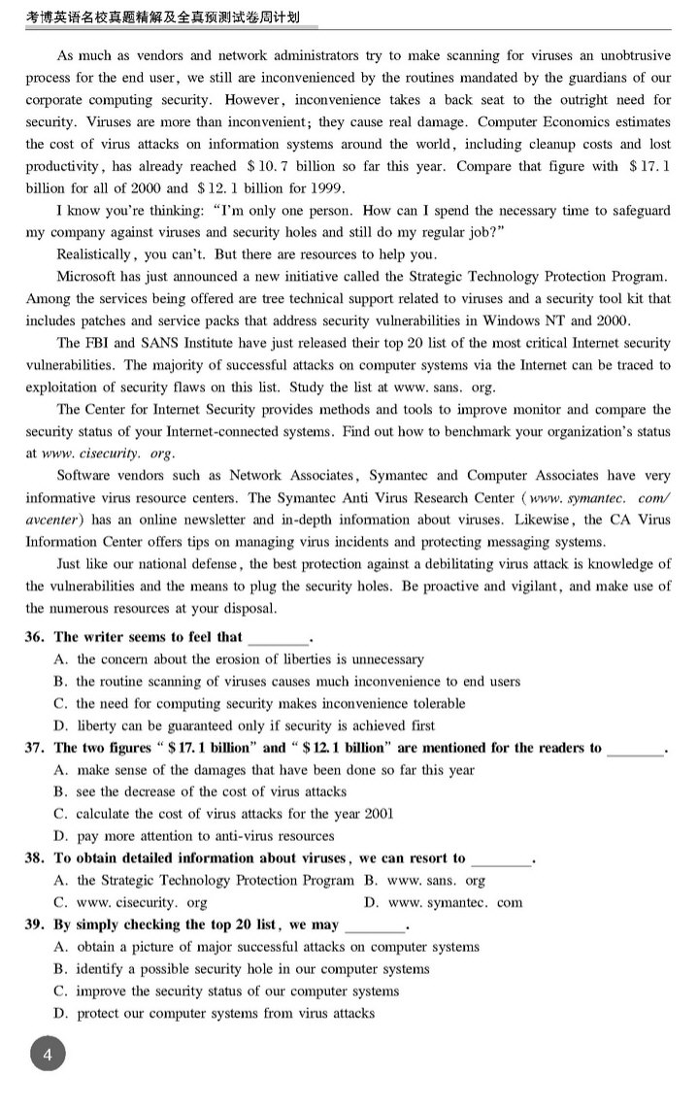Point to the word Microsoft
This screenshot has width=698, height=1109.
click(x=90, y=277)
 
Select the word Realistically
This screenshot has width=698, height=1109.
click(x=96, y=254)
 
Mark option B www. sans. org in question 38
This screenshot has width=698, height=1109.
click(x=424, y=881)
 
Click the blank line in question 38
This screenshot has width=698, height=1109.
click(x=502, y=859)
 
